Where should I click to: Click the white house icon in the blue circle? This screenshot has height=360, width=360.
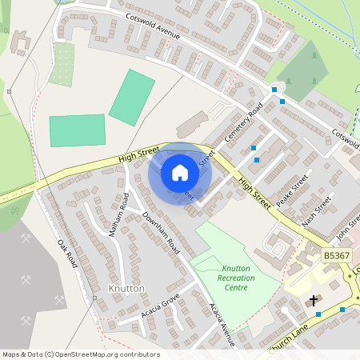(x=180, y=172)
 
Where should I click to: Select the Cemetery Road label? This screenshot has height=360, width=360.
(x=244, y=124)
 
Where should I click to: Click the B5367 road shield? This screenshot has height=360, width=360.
(x=336, y=255)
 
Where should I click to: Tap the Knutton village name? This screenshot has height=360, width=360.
(x=126, y=287)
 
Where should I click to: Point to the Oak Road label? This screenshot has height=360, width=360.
(x=67, y=253)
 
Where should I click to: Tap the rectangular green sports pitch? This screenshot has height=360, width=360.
(x=77, y=130)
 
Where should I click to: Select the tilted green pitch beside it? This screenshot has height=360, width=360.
(x=132, y=97)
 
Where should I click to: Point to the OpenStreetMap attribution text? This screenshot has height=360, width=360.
(x=80, y=354)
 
